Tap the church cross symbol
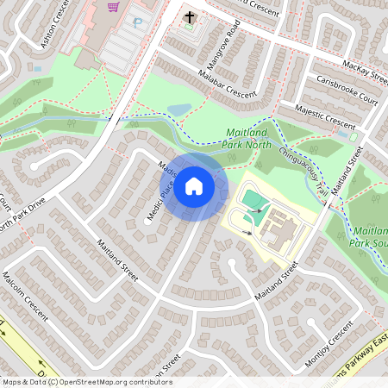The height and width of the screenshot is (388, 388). click(x=190, y=17)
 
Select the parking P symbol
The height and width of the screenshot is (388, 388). click(x=135, y=22)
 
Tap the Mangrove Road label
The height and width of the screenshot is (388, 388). click(x=222, y=53)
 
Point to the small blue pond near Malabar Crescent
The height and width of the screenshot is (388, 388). click(x=180, y=110)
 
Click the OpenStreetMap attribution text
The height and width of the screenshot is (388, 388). click(x=87, y=381)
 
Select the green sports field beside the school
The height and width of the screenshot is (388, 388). click(x=254, y=203)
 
